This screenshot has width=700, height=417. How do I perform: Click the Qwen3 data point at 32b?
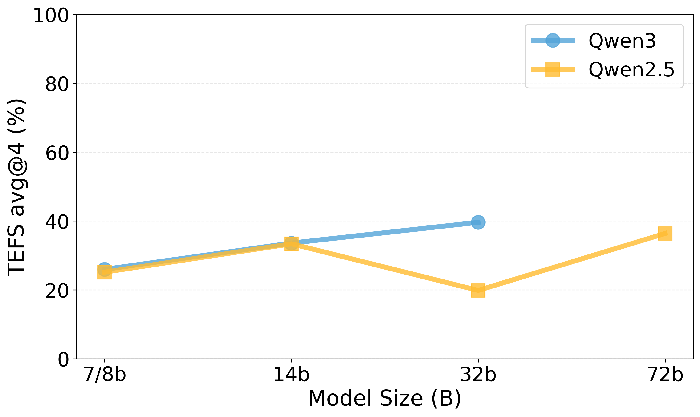(478, 222)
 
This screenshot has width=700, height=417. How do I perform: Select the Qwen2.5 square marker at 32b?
(478, 290)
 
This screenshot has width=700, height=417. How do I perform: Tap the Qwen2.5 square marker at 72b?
(665, 234)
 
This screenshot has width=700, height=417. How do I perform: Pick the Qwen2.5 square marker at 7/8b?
(105, 272)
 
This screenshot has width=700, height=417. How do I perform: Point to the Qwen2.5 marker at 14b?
(291, 244)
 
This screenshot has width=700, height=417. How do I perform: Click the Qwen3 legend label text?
(622, 41)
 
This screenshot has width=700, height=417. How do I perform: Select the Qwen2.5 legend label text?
(631, 70)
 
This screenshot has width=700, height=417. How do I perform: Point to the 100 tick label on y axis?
(51, 16)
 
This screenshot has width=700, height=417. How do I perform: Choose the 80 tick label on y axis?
(57, 84)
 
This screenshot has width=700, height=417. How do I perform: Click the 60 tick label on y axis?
(57, 153)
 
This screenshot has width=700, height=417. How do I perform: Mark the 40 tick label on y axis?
(57, 222)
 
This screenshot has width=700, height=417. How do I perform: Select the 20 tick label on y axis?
(57, 291)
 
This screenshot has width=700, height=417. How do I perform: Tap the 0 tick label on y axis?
(63, 360)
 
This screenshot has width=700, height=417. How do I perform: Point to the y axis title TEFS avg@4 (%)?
(16, 188)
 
